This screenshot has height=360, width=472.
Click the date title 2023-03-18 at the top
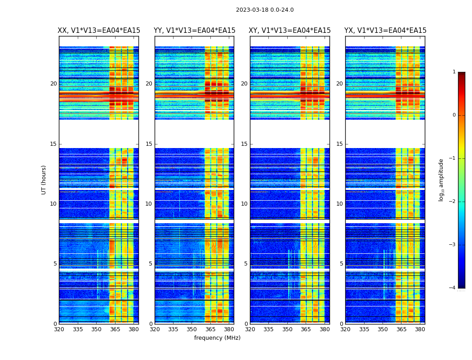coord(265,10)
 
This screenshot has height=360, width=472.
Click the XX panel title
coord(99,31)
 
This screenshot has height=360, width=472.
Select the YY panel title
coord(194,31)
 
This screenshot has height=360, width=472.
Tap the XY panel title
coord(290,31)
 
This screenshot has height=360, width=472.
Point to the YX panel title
coord(385,31)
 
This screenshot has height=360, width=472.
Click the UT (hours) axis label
coord(44,180)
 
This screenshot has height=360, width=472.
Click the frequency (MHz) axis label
coord(217,338)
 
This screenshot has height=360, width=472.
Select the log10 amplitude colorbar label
coord(441,180)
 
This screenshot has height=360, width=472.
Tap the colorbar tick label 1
coord(454,72)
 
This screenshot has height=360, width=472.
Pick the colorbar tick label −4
coord(453,288)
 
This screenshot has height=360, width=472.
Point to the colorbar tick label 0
coord(454,115)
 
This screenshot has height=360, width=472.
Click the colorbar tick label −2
coord(453,202)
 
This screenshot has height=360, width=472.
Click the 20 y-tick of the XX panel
coord(53,84)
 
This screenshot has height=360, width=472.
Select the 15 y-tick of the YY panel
coord(149,144)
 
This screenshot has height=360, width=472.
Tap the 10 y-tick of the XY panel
coord(244,204)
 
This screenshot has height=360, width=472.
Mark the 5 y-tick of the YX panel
coord(341,264)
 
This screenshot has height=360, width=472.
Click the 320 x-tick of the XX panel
coord(59,329)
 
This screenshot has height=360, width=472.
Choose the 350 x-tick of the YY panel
coord(192,329)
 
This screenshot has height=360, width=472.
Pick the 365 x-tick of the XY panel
coord(306,329)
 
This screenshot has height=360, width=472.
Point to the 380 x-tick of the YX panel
coord(420,329)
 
